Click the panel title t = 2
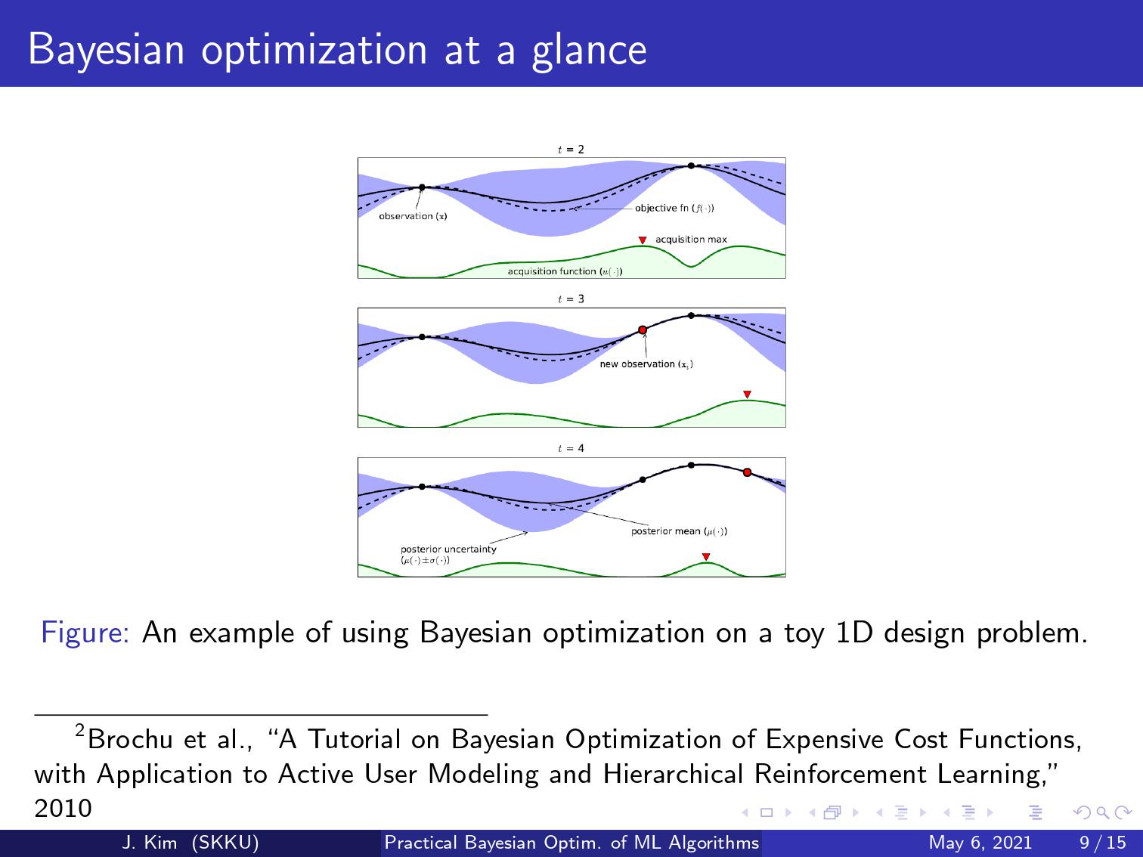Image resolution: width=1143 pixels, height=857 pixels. pos(571,150)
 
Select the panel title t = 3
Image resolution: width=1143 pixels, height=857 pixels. pos(571,299)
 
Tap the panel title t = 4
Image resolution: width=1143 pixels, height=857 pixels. pos(571,449)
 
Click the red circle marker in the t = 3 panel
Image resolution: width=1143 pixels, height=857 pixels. pos(643,330)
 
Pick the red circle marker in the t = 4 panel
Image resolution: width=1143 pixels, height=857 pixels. pos(747,472)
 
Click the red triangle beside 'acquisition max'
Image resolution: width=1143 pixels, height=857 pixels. pos(643,240)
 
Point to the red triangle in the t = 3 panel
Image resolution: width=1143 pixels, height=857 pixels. pos(747,394)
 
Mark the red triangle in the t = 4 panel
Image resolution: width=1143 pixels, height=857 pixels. pos(706,557)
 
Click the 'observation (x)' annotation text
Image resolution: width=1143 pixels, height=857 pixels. pos(413,216)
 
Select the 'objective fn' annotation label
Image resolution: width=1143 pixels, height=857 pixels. pos(674,208)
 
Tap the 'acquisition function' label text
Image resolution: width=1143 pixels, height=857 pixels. pos(565,271)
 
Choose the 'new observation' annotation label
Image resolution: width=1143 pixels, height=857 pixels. pos(646,364)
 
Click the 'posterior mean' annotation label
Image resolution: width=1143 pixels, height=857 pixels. pos(679,531)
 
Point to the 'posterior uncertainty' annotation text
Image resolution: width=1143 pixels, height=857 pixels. pos(448,555)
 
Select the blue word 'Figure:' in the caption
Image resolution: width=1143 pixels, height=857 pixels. pos(85,633)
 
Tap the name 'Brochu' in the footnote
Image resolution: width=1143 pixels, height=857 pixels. pos(130,739)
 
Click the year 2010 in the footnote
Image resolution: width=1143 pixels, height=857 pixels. pos(63,809)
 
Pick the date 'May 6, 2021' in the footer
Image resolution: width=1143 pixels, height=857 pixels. pos(980,843)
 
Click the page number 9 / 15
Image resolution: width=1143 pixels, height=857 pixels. pos(1103,843)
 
